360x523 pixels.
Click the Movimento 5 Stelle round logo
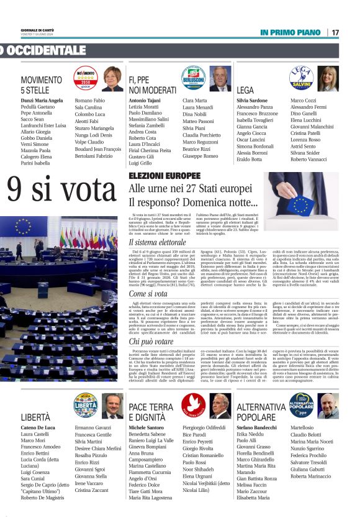click(x=86, y=79)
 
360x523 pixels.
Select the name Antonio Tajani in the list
click(x=145, y=100)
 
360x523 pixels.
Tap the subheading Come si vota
click(x=148, y=293)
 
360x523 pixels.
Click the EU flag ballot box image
click(x=300, y=195)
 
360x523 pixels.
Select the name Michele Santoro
click(x=146, y=428)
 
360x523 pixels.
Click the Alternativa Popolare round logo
click(x=302, y=405)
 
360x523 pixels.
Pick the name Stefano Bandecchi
click(x=256, y=428)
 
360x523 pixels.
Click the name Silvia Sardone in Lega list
click(x=252, y=100)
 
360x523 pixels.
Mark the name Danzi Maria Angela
click(x=42, y=100)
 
